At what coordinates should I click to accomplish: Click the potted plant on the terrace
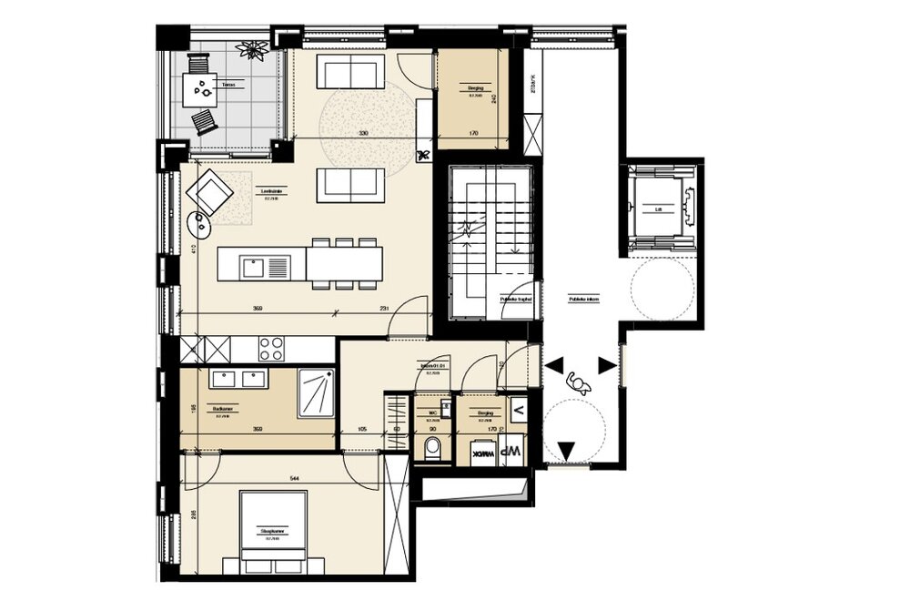click(x=248, y=48)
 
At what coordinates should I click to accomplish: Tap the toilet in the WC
click(x=433, y=448)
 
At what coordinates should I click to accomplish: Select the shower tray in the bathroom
click(x=318, y=392)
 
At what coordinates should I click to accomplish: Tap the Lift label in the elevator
click(x=659, y=208)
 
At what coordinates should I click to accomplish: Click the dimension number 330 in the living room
click(x=364, y=134)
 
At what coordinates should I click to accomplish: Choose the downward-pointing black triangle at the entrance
click(x=566, y=448)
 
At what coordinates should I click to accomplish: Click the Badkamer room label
click(x=218, y=409)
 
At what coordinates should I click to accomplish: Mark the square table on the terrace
click(x=201, y=88)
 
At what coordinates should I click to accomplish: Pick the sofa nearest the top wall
click(x=352, y=70)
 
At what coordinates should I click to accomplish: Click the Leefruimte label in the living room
click(x=269, y=191)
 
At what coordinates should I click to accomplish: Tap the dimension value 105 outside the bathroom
click(x=361, y=428)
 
